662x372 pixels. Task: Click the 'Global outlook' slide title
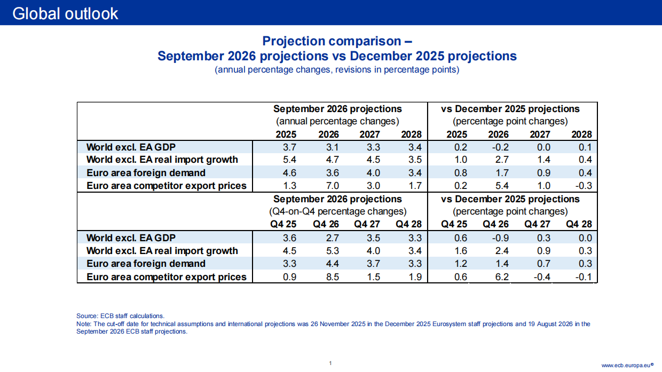click(65, 14)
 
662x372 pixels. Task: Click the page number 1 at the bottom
click(330, 363)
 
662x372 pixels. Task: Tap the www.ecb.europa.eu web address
click(627, 366)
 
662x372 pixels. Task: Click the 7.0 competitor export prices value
click(333, 186)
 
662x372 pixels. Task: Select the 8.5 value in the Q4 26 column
click(333, 277)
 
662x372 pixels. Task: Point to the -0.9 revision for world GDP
click(500, 238)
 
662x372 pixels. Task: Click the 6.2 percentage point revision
click(502, 277)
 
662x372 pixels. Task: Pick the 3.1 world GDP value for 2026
click(333, 147)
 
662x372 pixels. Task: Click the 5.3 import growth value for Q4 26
click(333, 251)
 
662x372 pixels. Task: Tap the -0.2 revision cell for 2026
click(500, 147)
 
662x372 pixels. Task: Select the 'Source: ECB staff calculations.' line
click(120, 316)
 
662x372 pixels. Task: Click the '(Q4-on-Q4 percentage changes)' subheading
click(337, 211)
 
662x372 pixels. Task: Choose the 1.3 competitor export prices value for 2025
click(289, 186)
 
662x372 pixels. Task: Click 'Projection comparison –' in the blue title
click(337, 41)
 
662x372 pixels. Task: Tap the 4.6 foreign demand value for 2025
click(289, 173)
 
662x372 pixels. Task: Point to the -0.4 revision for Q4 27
click(542, 277)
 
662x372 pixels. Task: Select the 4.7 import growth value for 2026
click(333, 160)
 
